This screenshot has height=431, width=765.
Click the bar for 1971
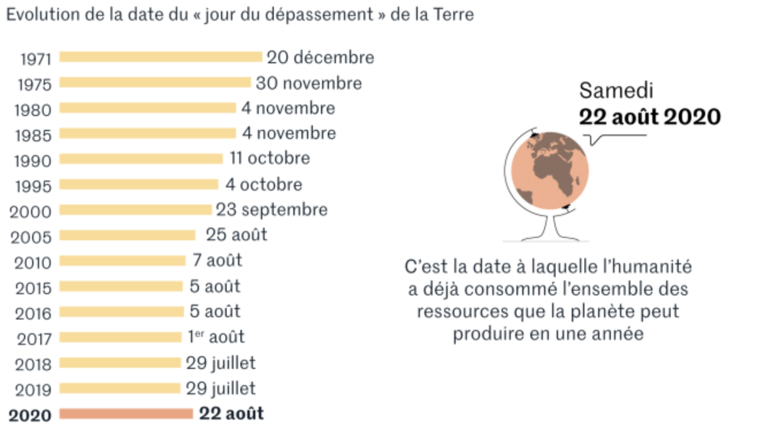pos(160,57)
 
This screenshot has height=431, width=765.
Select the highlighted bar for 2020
pos(126,414)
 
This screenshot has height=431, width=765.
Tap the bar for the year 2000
pos(135,210)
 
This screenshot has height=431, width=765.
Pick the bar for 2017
pos(120,337)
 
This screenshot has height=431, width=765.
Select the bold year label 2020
pos(30,415)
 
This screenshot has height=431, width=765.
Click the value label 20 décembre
pos(320,57)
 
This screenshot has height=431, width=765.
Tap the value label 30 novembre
pos(309,83)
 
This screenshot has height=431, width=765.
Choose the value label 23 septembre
pos(271,210)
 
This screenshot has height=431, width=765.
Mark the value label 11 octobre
pos(270,158)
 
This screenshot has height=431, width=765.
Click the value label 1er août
pos(216,337)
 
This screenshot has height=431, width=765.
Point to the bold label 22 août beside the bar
pos(231,414)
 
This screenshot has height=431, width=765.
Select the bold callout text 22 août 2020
pos(649,117)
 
